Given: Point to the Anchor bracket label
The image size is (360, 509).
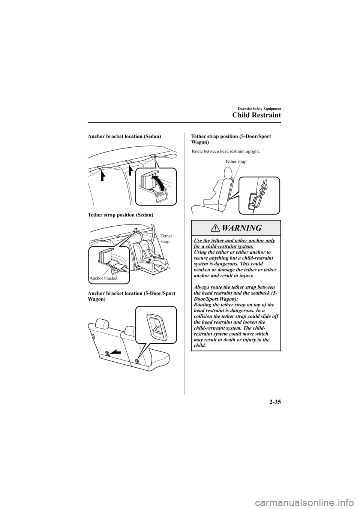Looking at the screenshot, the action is point(103,278).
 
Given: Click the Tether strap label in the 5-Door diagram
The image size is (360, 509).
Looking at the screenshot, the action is point(235,161).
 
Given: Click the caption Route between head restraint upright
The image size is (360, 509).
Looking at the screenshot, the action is point(226,152).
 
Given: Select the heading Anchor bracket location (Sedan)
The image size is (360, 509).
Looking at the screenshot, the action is point(124,138).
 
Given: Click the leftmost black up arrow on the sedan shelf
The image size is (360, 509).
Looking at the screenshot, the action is point(103,174).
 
